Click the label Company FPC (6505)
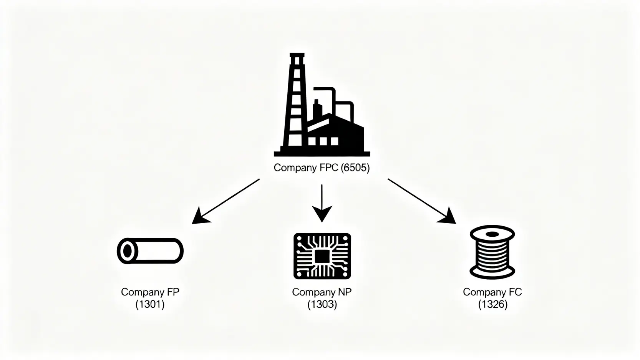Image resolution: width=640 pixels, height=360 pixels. pyautogui.click(x=322, y=168)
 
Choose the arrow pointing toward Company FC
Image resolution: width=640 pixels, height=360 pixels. pyautogui.click(x=422, y=201)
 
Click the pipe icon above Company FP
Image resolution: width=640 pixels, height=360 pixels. pyautogui.click(x=150, y=251)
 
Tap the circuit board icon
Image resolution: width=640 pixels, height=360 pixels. pyautogui.click(x=322, y=256)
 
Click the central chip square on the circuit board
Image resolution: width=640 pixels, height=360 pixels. pyautogui.click(x=322, y=256)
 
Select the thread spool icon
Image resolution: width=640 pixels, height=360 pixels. pyautogui.click(x=492, y=252)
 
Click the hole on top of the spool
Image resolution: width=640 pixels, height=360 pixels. pyautogui.click(x=492, y=233)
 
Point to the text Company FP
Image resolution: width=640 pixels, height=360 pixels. pyautogui.click(x=150, y=292)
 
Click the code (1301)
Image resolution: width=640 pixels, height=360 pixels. pyautogui.click(x=150, y=305)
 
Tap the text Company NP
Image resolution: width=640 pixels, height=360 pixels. pyautogui.click(x=322, y=292)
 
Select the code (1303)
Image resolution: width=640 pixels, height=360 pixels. pyautogui.click(x=322, y=305)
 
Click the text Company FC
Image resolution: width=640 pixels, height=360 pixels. pyautogui.click(x=492, y=292)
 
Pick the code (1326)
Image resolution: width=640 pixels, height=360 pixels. pyautogui.click(x=492, y=305)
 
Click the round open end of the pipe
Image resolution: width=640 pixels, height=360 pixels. pyautogui.click(x=127, y=251)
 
